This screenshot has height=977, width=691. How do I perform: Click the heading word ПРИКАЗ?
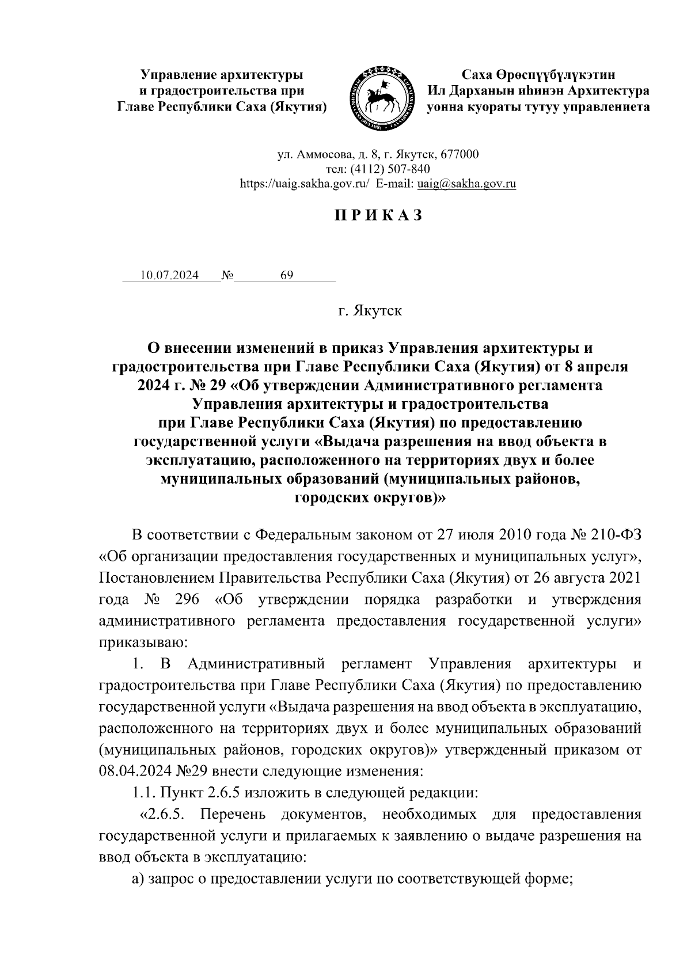click(378, 215)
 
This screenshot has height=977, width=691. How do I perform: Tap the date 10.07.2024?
click(169, 275)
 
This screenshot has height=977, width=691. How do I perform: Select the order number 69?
click(286, 275)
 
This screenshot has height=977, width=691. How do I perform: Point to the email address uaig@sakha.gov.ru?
click(466, 184)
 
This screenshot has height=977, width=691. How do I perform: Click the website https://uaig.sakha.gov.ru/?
click(305, 184)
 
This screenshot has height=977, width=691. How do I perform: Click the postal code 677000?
click(458, 154)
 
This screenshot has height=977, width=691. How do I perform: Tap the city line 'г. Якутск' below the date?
click(370, 311)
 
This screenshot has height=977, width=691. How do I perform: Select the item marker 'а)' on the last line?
click(138, 879)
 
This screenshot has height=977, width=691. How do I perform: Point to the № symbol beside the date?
click(227, 275)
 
